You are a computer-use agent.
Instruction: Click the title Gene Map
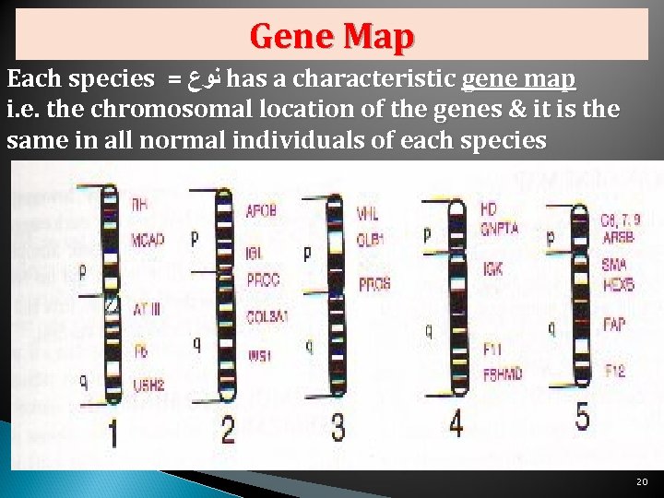point(332,36)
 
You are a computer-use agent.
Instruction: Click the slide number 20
point(642,482)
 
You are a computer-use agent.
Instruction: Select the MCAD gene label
point(148,239)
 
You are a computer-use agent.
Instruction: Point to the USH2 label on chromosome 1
point(148,385)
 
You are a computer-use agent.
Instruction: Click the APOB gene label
point(263,210)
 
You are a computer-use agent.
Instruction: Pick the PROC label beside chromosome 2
point(263,279)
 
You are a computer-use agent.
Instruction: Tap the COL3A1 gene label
point(267,316)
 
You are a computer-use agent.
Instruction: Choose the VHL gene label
point(367,213)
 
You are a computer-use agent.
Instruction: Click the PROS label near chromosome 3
point(374,283)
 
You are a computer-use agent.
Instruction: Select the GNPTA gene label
point(500,228)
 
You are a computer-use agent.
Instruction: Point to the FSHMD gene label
point(503,373)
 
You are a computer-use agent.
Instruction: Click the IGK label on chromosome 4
point(492,269)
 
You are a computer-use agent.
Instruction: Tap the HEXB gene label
point(618,286)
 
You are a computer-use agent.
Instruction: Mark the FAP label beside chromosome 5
point(615,325)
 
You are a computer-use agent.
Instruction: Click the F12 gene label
point(615,371)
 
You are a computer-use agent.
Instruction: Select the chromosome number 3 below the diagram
point(338,427)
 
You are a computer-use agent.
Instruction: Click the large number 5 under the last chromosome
point(583,417)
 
